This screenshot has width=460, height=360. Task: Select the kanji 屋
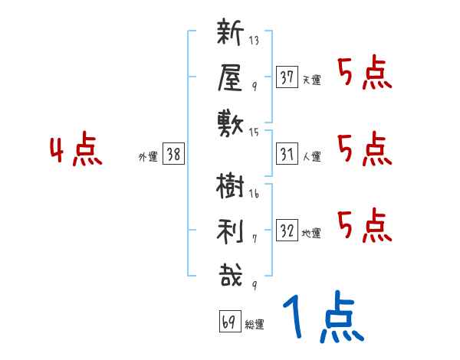[230, 78]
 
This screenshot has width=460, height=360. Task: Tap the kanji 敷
[230, 121]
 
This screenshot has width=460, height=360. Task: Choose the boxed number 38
[173, 154]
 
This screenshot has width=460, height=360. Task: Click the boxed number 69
[229, 322]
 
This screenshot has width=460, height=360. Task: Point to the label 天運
[311, 80]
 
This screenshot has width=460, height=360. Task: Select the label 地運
[311, 234]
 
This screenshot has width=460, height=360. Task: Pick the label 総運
[255, 325]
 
